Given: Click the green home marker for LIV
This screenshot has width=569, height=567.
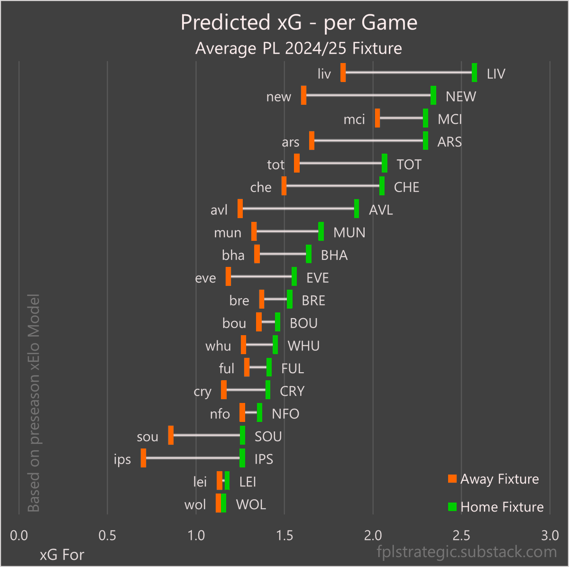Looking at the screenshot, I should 474,73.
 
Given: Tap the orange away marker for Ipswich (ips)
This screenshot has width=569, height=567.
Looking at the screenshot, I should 143,458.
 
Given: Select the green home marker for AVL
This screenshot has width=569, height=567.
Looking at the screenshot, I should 357,209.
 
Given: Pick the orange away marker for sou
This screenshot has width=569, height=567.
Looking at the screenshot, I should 171,435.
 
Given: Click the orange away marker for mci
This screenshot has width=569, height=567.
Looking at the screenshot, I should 377,118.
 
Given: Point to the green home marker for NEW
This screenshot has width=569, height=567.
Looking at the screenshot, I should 433,95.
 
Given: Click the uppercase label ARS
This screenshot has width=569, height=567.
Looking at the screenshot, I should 449,142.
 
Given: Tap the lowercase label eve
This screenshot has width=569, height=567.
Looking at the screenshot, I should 205,278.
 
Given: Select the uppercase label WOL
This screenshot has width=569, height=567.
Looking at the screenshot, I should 251,504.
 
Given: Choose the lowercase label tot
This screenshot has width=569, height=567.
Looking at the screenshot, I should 275,165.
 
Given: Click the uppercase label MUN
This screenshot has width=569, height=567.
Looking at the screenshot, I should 349,233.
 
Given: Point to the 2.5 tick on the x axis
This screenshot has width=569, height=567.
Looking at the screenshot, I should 461,536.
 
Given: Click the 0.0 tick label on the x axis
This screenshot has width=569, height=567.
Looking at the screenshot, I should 19,536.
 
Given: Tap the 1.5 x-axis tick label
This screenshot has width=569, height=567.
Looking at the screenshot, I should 284,536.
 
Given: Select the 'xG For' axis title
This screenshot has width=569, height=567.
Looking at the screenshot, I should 62,555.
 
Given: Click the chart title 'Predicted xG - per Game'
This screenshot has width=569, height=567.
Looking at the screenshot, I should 299,22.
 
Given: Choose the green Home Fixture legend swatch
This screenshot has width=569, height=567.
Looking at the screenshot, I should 452,507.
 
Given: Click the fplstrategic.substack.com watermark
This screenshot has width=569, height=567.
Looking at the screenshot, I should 467,552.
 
